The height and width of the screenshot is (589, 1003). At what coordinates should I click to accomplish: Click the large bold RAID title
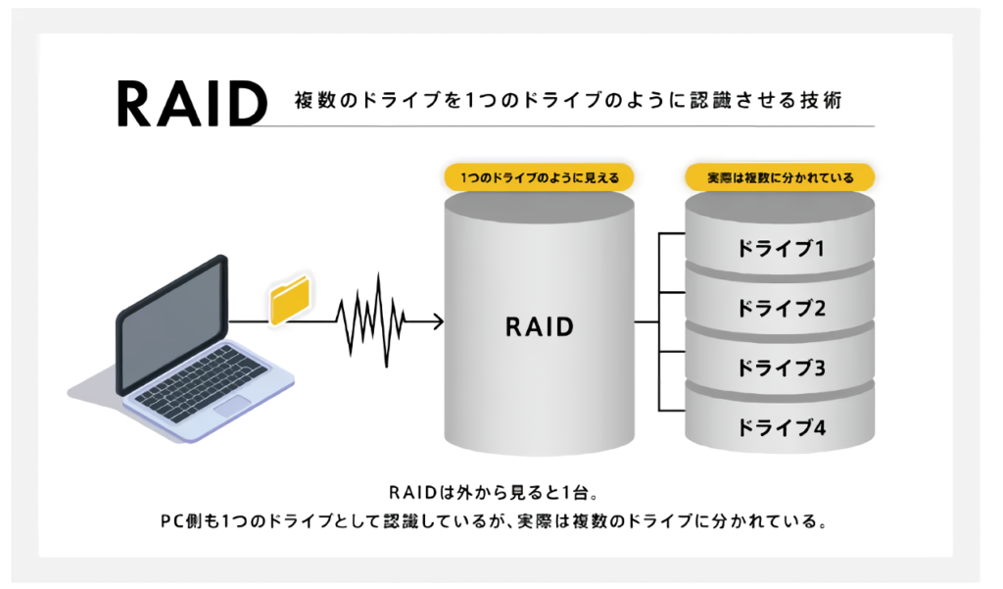pyautogui.click(x=192, y=103)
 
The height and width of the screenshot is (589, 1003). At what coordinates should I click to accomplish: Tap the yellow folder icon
pyautogui.click(x=290, y=300)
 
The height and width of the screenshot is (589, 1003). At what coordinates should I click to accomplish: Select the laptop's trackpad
pyautogui.click(x=231, y=406)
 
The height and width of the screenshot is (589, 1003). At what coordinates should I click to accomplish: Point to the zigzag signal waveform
pyautogui.click(x=371, y=320)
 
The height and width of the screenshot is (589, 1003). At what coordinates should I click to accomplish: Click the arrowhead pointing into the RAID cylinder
pyautogui.click(x=438, y=321)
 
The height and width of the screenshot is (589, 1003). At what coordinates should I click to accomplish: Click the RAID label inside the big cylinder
pyautogui.click(x=540, y=326)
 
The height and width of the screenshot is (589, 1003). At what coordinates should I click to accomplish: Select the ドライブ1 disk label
pyautogui.click(x=781, y=248)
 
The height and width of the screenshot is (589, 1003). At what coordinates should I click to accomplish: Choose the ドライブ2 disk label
pyautogui.click(x=781, y=308)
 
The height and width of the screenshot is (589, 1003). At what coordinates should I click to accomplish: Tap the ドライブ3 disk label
pyautogui.click(x=781, y=368)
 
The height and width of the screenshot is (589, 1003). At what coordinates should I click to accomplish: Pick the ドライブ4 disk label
pyautogui.click(x=781, y=427)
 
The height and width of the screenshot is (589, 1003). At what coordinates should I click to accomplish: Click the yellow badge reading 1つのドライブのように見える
pyautogui.click(x=540, y=177)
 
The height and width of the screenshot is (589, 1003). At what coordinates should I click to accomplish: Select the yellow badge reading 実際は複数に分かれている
pyautogui.click(x=780, y=177)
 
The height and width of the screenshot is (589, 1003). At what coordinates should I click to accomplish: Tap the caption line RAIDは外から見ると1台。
pyautogui.click(x=494, y=492)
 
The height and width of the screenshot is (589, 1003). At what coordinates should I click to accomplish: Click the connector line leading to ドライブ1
pyautogui.click(x=672, y=233)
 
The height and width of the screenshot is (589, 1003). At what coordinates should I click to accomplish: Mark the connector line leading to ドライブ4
pyautogui.click(x=672, y=410)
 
